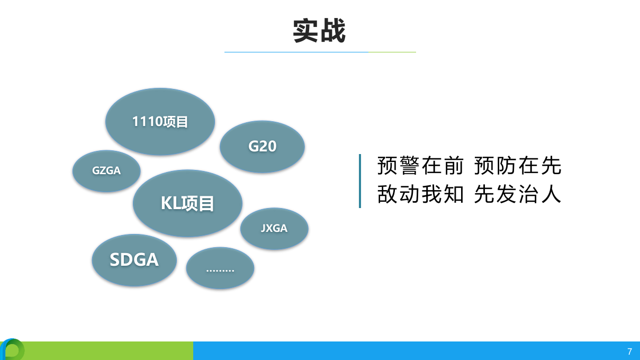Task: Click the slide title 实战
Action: (x=319, y=31)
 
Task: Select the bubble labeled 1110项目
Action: (x=160, y=122)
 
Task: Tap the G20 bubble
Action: (x=262, y=147)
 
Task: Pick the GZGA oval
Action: (x=106, y=171)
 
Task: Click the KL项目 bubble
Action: (x=187, y=203)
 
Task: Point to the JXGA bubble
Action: (x=274, y=229)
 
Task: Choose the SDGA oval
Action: (x=134, y=260)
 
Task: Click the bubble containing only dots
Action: (x=220, y=268)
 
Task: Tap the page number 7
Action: (x=629, y=352)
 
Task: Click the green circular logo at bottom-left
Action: (x=12, y=350)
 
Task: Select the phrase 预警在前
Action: (x=420, y=166)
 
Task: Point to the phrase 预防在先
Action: (x=517, y=166)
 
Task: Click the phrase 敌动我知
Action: (x=420, y=195)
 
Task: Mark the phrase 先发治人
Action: (x=517, y=195)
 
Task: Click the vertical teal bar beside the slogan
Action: (x=360, y=181)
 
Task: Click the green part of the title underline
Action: (x=392, y=52)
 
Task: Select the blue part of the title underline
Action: (x=296, y=52)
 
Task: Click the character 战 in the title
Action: (x=333, y=31)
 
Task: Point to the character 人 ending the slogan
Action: (x=551, y=195)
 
